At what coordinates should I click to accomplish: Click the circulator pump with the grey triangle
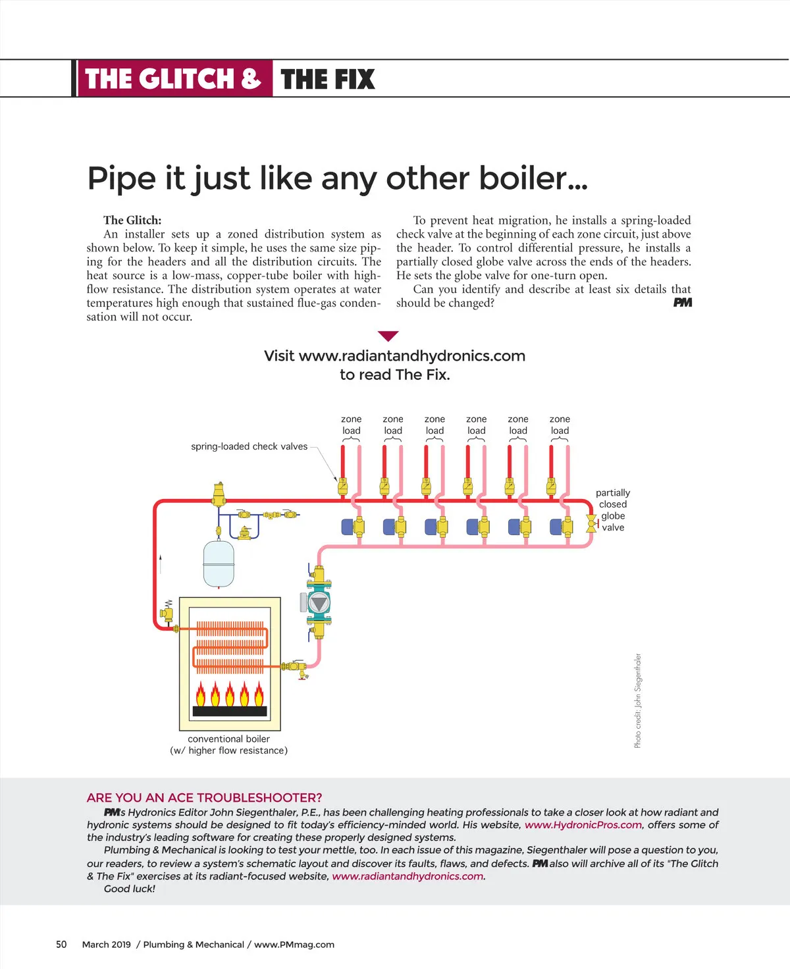click(319, 602)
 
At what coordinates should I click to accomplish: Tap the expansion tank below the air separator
click(219, 563)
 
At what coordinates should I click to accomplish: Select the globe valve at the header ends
click(591, 523)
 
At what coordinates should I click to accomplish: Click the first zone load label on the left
click(351, 425)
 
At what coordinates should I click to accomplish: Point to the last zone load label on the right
click(560, 425)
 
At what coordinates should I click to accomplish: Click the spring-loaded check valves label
click(249, 446)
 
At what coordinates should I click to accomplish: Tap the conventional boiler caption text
click(228, 745)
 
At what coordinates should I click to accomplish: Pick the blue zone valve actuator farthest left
click(348, 527)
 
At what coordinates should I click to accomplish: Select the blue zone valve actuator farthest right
click(556, 527)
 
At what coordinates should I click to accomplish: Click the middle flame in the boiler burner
click(230, 694)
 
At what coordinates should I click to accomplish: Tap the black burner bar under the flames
click(230, 711)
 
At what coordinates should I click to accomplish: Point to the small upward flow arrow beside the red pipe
click(161, 563)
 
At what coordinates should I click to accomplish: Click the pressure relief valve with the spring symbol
click(167, 612)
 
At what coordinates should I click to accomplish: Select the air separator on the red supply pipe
click(219, 493)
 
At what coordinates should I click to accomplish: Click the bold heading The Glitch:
click(132, 220)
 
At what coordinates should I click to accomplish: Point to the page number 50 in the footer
click(61, 944)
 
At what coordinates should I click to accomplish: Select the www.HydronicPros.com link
click(583, 825)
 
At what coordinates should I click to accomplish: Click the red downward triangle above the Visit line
click(388, 336)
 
